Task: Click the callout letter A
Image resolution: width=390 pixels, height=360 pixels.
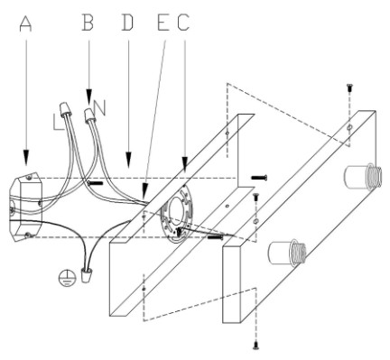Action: [25, 23]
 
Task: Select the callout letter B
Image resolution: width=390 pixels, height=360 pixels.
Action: [88, 23]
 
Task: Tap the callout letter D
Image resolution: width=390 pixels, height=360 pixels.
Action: [127, 23]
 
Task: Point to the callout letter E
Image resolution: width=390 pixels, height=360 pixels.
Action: [163, 23]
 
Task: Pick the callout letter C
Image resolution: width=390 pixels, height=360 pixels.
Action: [183, 23]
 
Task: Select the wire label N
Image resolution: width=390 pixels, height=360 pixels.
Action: [100, 108]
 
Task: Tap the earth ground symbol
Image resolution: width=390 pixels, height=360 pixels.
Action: [66, 277]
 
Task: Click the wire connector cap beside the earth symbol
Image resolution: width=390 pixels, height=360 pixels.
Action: [87, 275]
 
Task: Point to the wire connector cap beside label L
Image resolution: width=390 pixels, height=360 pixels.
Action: [66, 110]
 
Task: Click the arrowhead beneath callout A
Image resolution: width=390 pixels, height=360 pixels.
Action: [26, 157]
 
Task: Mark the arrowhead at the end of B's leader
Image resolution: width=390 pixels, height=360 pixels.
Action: [89, 97]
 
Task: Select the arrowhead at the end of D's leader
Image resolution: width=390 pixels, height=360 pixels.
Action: [129, 160]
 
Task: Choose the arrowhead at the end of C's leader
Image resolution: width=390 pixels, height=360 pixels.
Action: [184, 165]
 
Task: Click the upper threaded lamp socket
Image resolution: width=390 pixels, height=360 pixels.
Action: [363, 176]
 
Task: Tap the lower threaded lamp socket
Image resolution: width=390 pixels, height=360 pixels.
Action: [287, 253]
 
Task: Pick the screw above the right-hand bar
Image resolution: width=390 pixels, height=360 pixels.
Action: [349, 88]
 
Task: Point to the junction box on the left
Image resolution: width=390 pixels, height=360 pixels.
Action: [26, 207]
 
